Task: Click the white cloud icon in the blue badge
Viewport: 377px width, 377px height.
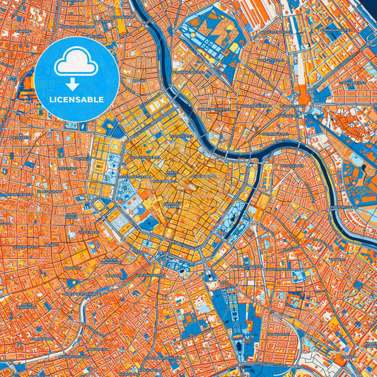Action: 76,63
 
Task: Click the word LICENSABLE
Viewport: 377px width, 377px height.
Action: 76,99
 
